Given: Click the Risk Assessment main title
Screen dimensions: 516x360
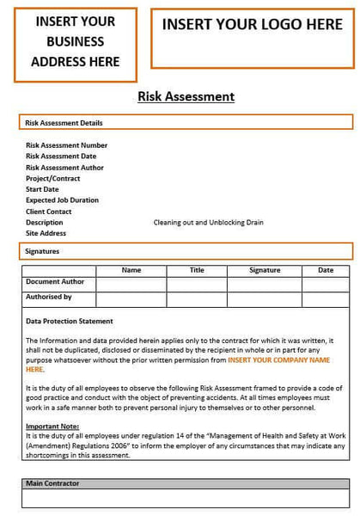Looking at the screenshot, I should coord(186,97).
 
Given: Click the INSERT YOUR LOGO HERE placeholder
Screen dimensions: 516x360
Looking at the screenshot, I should coord(252,26).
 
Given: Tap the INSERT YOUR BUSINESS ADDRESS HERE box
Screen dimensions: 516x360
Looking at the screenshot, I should coord(75,41).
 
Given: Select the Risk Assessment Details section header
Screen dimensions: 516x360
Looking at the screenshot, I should coord(64,123).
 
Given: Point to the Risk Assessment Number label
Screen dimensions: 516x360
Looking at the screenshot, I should coord(66,145).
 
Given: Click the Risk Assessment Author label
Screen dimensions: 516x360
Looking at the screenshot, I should coord(64,168).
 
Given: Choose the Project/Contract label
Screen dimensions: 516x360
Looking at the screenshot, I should coord(54,178).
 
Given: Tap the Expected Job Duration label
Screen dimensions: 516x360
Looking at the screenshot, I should coord(62,200).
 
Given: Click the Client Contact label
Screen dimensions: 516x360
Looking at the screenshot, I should coord(49,212).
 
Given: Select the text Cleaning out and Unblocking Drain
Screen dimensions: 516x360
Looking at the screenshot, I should coord(208,223).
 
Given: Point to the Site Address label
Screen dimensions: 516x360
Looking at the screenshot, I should coord(46,234).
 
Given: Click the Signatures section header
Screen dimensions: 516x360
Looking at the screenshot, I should coord(44,251).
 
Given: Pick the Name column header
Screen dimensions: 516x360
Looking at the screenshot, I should coord(131,271).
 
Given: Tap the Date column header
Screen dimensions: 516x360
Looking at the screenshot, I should coord(326,271).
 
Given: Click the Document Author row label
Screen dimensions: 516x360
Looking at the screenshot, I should coord(55,282).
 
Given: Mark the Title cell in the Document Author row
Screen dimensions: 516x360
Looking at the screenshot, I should coord(197,285).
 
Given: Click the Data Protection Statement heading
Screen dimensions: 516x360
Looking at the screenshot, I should coord(70,322).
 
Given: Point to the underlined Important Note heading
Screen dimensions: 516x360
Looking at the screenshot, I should coord(52,427).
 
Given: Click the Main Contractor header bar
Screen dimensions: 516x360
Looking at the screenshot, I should coord(52,484).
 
